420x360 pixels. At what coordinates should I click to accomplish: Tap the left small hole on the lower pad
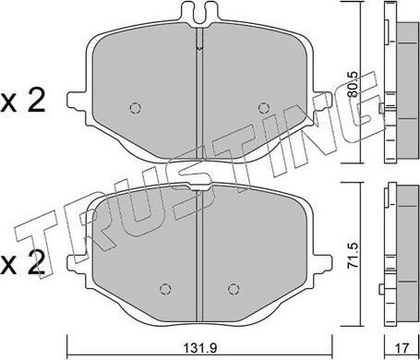pos(164,284)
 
